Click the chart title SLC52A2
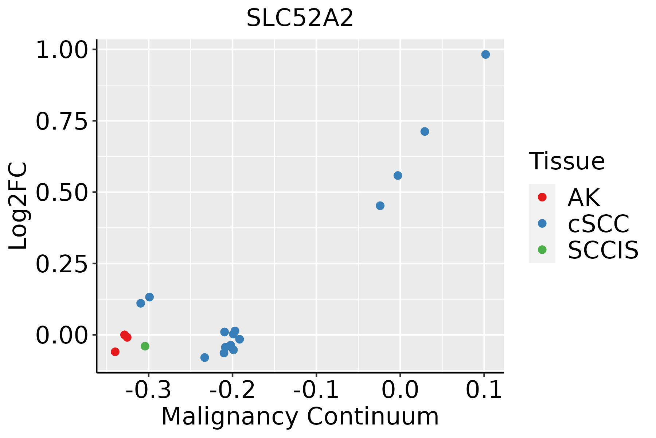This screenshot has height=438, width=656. click(x=300, y=18)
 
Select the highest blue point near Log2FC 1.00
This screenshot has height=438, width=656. click(x=485, y=55)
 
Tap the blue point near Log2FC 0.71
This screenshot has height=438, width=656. click(x=425, y=131)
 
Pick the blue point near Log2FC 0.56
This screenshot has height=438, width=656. click(x=398, y=176)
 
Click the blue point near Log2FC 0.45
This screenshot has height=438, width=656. click(x=380, y=206)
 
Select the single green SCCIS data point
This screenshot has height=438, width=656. click(x=145, y=346)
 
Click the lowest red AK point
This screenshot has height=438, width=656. click(x=115, y=352)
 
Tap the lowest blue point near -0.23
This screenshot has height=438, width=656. click(x=205, y=358)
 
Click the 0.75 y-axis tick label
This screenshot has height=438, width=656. click(x=62, y=122)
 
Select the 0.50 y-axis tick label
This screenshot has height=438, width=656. click(x=62, y=193)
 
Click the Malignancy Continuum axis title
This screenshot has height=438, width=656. click(x=300, y=416)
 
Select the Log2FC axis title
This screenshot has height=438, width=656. click(x=18, y=206)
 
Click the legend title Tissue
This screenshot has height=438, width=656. click(x=567, y=161)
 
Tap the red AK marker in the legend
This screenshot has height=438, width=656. click(x=542, y=197)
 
